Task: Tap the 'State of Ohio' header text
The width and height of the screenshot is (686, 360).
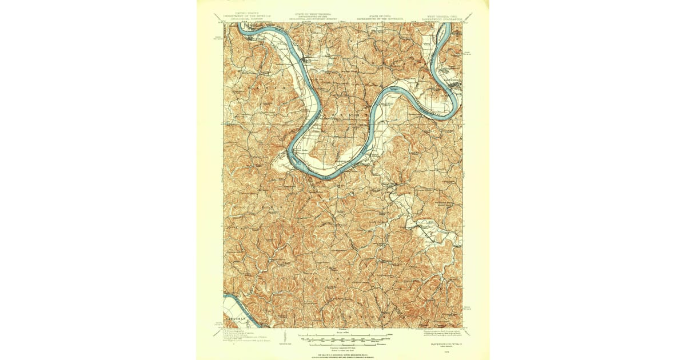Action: (380, 14)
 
